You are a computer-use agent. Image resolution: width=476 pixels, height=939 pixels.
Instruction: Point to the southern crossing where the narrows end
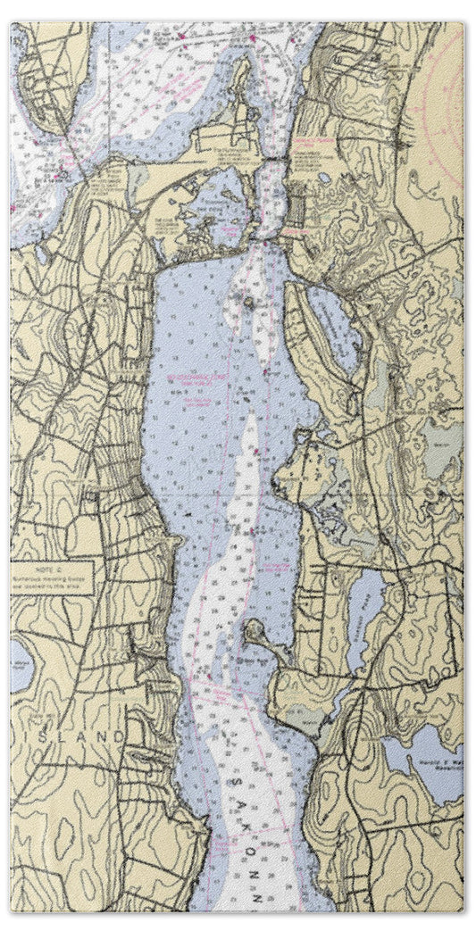[267, 238]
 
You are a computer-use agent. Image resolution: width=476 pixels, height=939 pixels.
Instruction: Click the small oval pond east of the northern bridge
[322, 178]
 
